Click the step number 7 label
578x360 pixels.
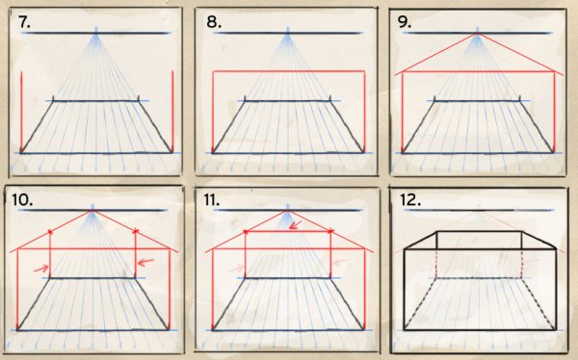tap(24, 22)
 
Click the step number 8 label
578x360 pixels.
tap(214, 22)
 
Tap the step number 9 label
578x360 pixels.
tap(405, 22)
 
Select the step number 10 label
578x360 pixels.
tap(22, 199)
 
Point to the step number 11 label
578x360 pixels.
tap(212, 199)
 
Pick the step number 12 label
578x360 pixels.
tap(410, 199)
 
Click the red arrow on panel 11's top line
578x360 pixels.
tap(296, 225)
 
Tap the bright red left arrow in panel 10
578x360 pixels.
tap(40, 269)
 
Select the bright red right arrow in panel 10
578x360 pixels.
tap(145, 262)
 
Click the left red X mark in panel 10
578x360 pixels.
tap(50, 232)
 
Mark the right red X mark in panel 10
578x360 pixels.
tap(135, 231)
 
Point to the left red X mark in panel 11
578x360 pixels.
tap(246, 232)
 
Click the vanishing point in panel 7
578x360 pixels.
tap(96, 33)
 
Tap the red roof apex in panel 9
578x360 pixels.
tap(478, 34)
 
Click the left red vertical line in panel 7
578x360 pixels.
tap(21, 112)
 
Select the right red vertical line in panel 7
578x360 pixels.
tap(172, 112)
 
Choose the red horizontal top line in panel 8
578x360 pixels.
tap(289, 70)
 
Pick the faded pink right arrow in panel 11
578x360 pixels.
tap(341, 262)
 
